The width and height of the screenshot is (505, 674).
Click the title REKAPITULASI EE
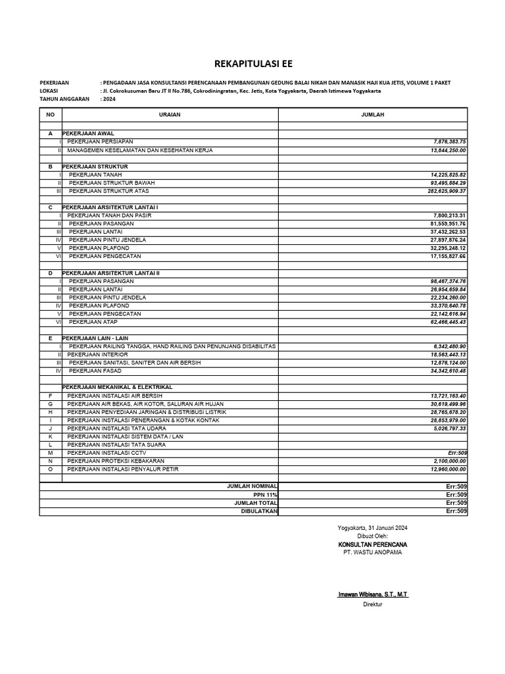click(252, 64)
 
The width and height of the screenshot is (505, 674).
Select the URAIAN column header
click(170, 115)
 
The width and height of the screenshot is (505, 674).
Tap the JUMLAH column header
click(373, 115)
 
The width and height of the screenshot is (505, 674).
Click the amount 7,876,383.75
click(449, 142)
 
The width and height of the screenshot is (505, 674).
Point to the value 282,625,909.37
click(446, 191)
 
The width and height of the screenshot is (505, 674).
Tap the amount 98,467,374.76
click(448, 281)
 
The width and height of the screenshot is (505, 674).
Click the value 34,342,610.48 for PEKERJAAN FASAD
click(448, 371)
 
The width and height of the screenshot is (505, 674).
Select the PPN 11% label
click(266, 494)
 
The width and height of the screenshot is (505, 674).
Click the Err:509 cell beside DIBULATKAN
click(456, 511)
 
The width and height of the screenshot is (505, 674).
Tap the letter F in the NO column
click(50, 396)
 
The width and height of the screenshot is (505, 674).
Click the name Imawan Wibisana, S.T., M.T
click(372, 594)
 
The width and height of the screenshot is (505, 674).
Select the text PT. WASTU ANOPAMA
click(372, 552)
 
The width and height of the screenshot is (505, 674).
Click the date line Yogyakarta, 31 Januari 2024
click(372, 528)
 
